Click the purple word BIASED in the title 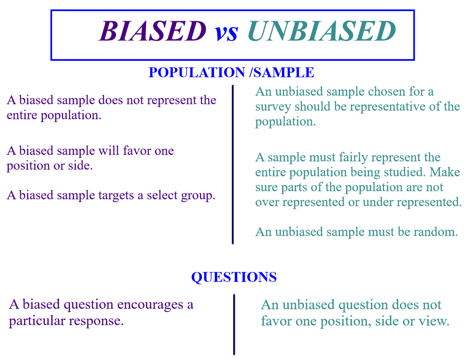(153, 31)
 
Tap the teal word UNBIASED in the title (322, 31)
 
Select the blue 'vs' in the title (226, 33)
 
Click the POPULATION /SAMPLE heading (231, 73)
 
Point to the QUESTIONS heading (234, 278)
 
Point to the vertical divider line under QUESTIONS (234, 324)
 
